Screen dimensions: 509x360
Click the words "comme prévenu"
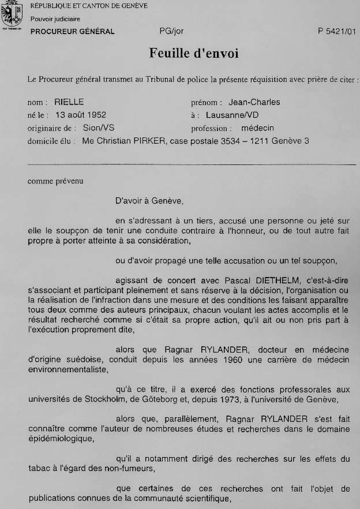55,181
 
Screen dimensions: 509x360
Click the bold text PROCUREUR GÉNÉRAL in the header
73,32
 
